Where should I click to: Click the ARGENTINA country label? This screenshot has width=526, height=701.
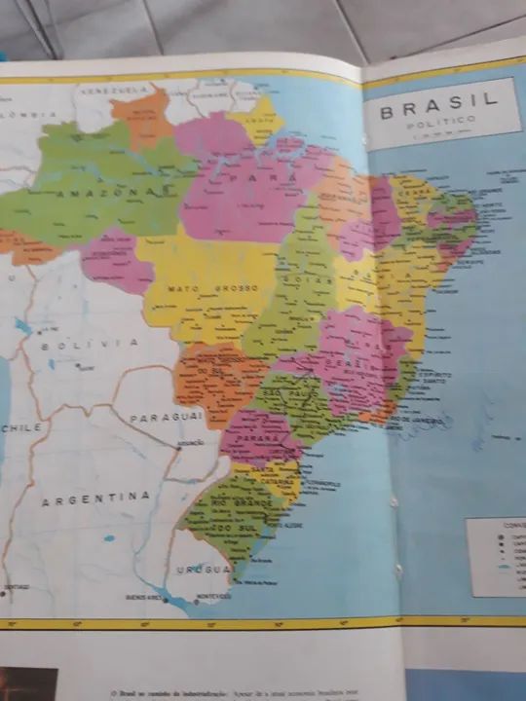coord(95,497)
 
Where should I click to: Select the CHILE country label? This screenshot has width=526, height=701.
coord(21,427)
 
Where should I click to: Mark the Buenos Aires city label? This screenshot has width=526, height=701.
coord(143,597)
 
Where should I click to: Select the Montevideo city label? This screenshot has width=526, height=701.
coord(212,596)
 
